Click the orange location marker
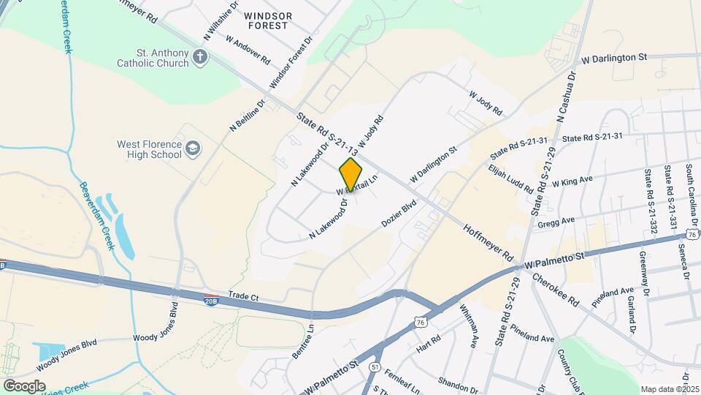[x=350, y=174]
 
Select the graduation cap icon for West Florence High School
[x=193, y=149]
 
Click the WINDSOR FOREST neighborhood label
[x=268, y=20]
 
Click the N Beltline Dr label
[x=249, y=115]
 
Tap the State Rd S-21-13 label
[x=328, y=134]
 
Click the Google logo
[x=24, y=385]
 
